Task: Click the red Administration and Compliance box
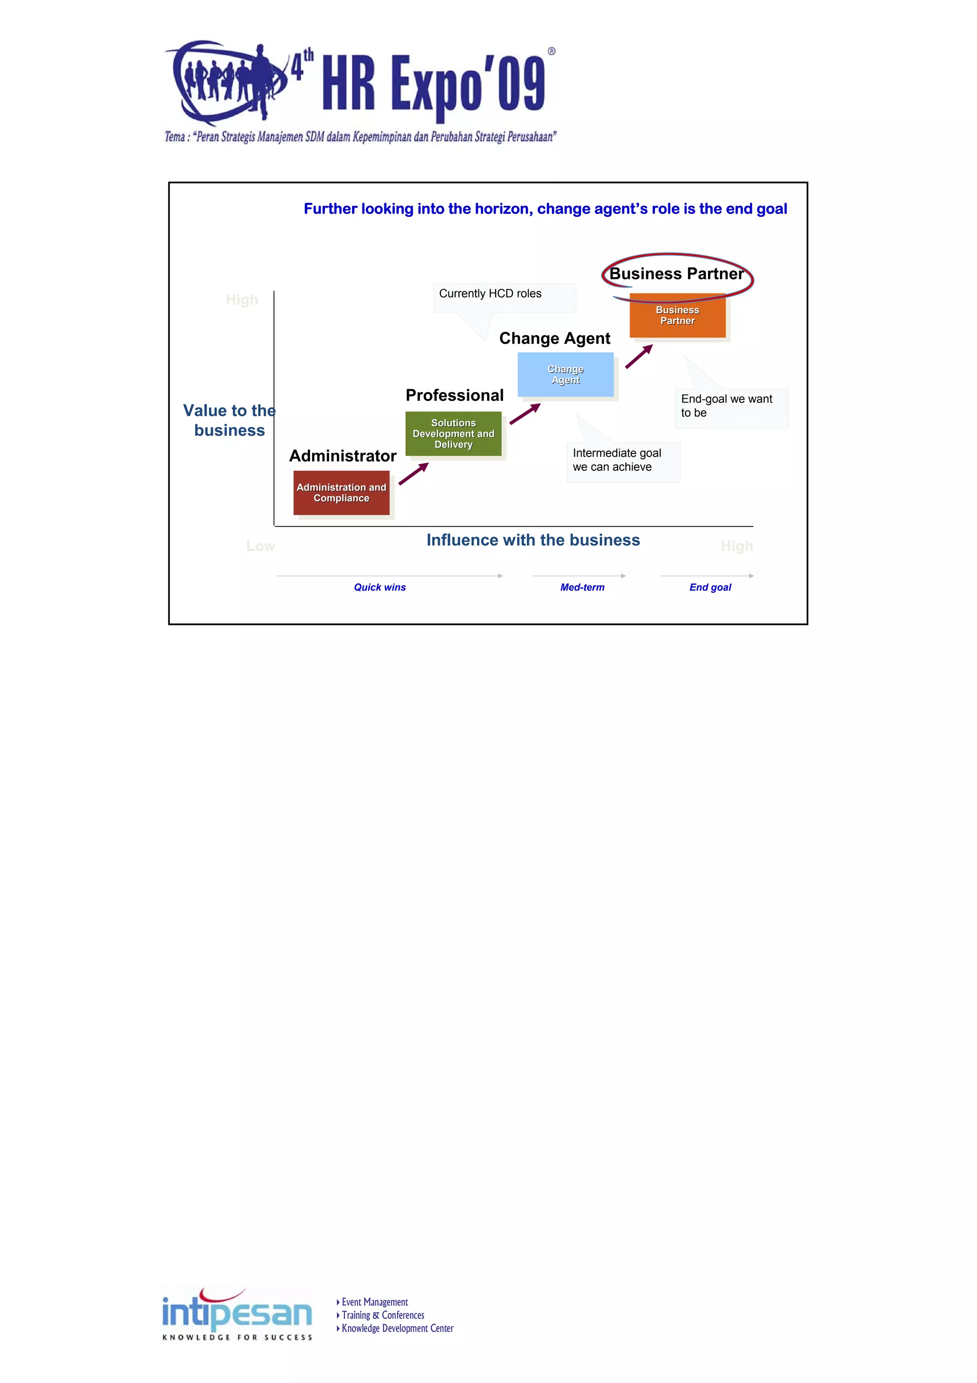[x=341, y=492]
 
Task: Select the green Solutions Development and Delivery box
[x=453, y=433]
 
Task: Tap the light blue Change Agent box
[x=565, y=374]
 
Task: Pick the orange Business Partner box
[x=677, y=315]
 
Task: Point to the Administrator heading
[x=343, y=456]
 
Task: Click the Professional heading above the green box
[x=455, y=395]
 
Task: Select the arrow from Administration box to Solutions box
[x=414, y=474]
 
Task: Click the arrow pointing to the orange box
[x=639, y=357]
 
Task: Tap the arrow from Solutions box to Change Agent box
[x=525, y=414]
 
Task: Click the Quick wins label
[x=380, y=587]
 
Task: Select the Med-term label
[x=582, y=587]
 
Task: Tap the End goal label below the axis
[x=710, y=587]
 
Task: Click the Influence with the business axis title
[x=533, y=540]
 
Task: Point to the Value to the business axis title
[x=229, y=421]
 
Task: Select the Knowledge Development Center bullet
[x=397, y=1328]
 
